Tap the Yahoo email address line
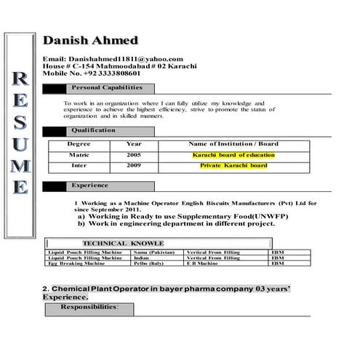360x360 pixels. pos(113,59)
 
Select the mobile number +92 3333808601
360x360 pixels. pos(92,73)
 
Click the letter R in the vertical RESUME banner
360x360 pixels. pos(21,79)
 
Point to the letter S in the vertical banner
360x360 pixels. pos(21,122)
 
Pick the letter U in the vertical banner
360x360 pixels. pos(21,143)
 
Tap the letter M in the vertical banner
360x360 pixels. pos(21,165)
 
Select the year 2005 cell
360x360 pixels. pos(134,155)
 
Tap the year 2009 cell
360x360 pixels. pos(134,165)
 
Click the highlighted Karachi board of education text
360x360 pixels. pos(233,155)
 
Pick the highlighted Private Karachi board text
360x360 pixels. pos(233,165)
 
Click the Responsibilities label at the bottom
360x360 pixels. pos(89,308)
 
